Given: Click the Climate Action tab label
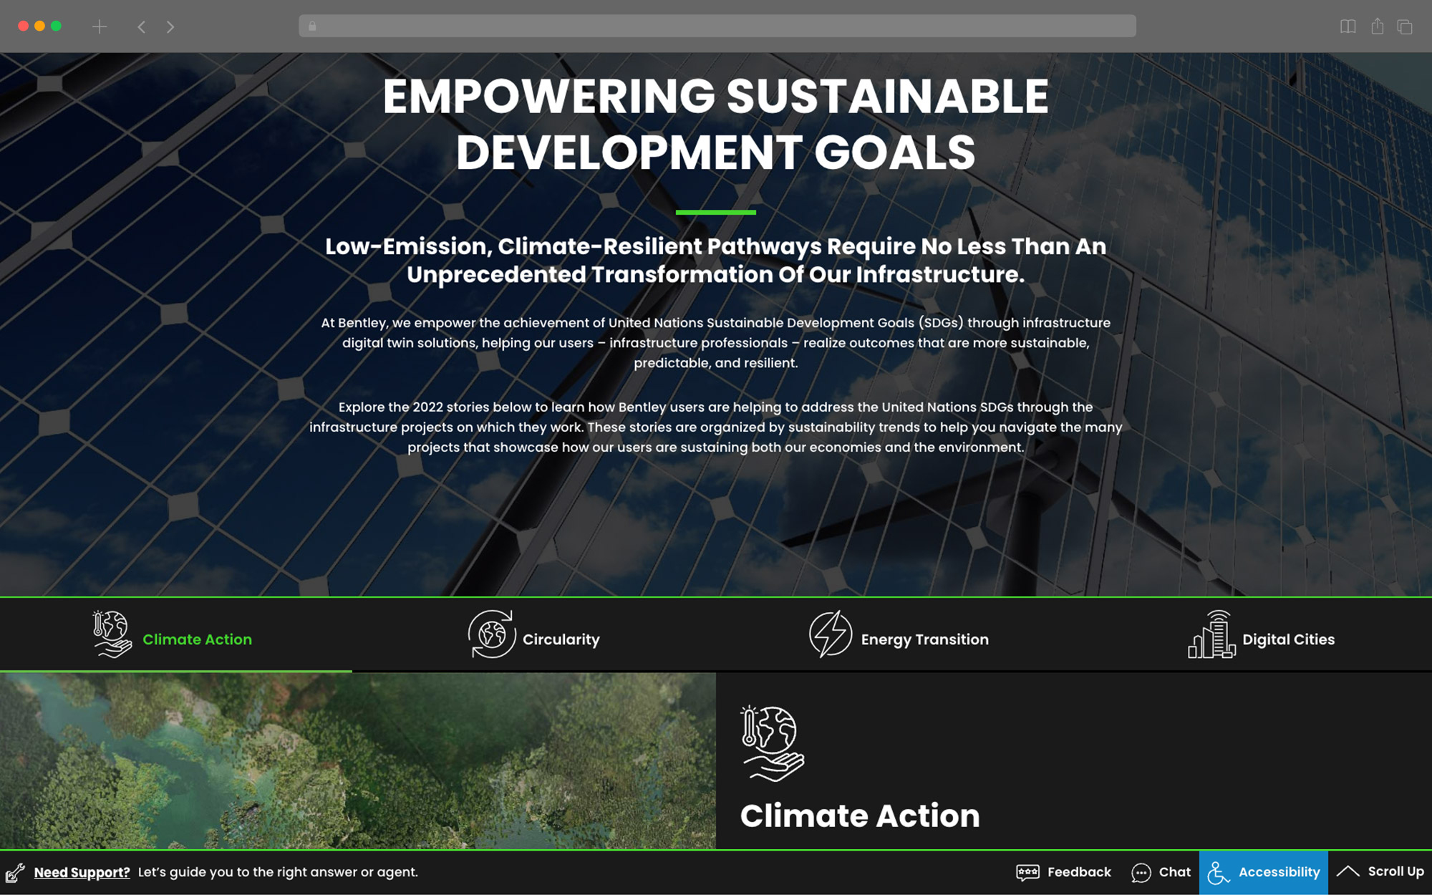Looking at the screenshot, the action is coord(197,639).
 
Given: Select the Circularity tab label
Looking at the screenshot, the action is coord(561,639).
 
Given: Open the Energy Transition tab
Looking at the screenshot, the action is coord(924,639).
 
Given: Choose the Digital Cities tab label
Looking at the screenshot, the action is coord(1288,639).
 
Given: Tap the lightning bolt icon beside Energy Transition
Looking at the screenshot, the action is coord(831,634).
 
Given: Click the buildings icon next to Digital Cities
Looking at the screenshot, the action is coord(1211,634).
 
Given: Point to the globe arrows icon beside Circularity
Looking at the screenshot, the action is coord(492,634).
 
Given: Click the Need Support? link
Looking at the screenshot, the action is coord(82,872).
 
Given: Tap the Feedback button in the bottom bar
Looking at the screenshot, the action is coord(1064,872).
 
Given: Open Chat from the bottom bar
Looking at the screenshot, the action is coord(1161,872).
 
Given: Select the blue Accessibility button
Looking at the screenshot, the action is coord(1264,872).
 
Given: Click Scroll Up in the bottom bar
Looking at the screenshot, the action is coord(1380,871).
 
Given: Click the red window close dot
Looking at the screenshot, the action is coord(23,26).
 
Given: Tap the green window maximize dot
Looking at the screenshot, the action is coord(56,26).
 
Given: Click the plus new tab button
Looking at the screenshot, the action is coord(100,26).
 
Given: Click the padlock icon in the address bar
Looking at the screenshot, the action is coord(312,26).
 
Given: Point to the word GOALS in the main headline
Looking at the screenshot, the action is coord(894,153).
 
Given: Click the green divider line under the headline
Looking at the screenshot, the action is coord(716,212).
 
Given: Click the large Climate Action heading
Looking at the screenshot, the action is coord(860,816).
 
